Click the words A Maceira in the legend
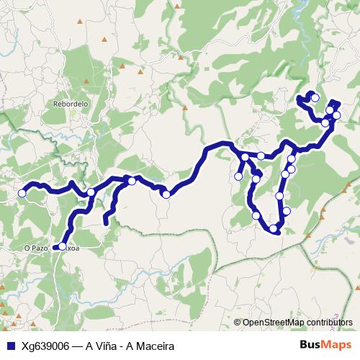point(150,346)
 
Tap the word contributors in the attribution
point(331,322)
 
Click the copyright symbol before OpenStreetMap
point(238,322)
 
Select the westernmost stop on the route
point(22,193)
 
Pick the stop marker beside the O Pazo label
point(62,247)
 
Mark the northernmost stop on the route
point(315,98)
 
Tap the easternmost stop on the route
point(336,115)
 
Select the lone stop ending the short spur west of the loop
point(238,176)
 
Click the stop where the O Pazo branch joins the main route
point(91,192)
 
